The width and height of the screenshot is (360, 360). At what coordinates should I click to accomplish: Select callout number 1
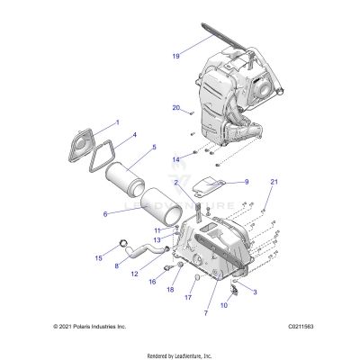[115, 121]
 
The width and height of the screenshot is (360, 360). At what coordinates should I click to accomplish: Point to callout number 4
[133, 136]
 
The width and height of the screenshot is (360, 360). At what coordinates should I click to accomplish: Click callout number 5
[154, 147]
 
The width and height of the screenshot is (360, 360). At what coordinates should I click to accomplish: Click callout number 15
[98, 257]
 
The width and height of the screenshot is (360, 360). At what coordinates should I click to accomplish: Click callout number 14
[177, 159]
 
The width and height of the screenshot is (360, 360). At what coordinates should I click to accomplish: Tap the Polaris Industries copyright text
[90, 326]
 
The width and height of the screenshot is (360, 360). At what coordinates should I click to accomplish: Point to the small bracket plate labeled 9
[209, 186]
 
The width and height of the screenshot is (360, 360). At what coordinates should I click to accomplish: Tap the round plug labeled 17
[191, 280]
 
